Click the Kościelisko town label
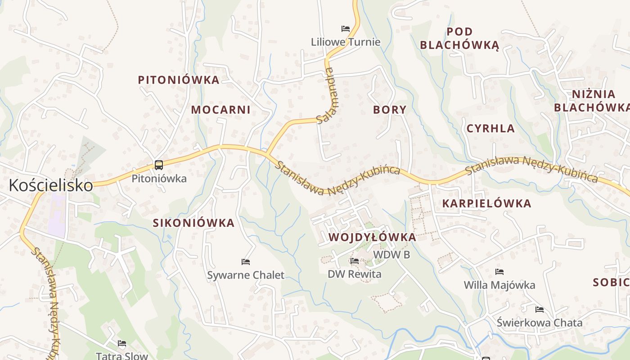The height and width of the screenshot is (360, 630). (51, 185)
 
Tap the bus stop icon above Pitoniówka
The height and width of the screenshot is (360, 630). (159, 165)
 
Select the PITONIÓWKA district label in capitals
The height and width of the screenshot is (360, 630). (179, 80)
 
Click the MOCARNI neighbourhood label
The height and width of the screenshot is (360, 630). (220, 110)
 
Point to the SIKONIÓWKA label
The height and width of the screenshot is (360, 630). (193, 223)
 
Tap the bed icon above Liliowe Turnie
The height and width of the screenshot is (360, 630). (346, 29)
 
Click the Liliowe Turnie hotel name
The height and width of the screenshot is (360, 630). (346, 42)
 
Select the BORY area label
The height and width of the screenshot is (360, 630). (390, 110)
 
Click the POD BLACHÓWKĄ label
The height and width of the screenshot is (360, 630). (459, 38)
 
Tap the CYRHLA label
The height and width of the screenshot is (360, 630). (490, 129)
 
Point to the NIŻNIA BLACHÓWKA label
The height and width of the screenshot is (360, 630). (593, 101)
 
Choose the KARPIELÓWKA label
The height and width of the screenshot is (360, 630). (486, 203)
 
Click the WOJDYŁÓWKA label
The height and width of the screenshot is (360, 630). (372, 237)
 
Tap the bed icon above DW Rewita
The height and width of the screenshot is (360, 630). (355, 261)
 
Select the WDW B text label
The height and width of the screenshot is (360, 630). (391, 255)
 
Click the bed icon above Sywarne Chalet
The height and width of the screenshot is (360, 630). (246, 262)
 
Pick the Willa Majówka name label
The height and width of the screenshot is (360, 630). (499, 285)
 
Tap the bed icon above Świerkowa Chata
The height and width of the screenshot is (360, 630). (540, 310)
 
